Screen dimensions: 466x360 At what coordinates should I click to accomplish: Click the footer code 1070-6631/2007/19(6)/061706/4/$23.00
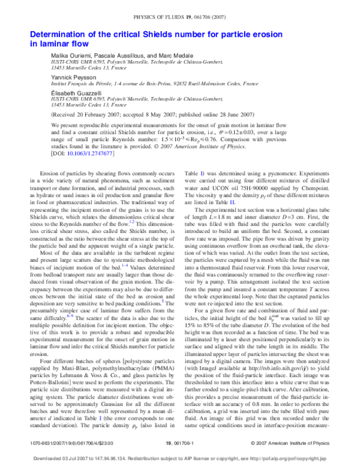click(x=71, y=443)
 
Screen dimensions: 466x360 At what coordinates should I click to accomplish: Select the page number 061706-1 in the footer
click(x=180, y=443)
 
